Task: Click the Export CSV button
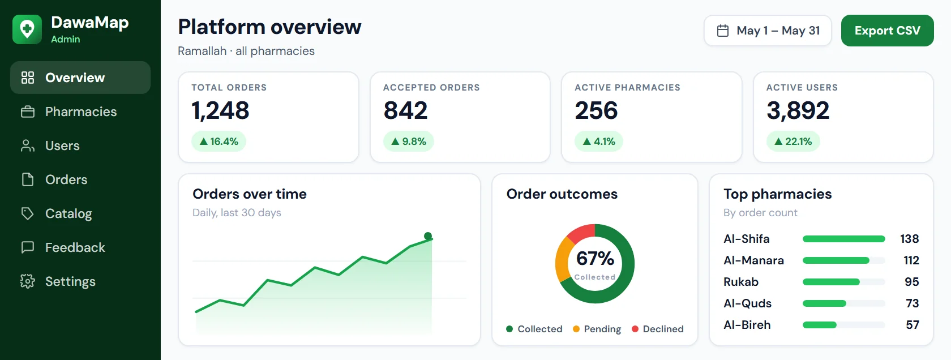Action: pyautogui.click(x=888, y=31)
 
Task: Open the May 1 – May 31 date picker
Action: pyautogui.click(x=768, y=31)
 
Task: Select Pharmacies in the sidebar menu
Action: pyautogui.click(x=80, y=112)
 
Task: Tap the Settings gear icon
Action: pyautogui.click(x=28, y=281)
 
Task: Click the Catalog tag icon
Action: pyautogui.click(x=28, y=213)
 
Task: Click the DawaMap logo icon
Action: pyautogui.click(x=27, y=29)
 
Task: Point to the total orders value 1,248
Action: pyautogui.click(x=220, y=110)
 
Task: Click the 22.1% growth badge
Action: pyautogui.click(x=793, y=142)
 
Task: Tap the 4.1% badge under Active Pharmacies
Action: pyautogui.click(x=599, y=142)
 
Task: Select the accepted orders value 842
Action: pyautogui.click(x=405, y=110)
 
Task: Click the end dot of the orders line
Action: pyautogui.click(x=428, y=236)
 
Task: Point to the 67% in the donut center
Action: pyautogui.click(x=595, y=259)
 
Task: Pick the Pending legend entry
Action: pyautogui.click(x=597, y=329)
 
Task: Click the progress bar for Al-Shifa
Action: pyautogui.click(x=843, y=239)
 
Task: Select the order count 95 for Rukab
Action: pyautogui.click(x=911, y=282)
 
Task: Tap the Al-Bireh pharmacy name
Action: pyautogui.click(x=747, y=325)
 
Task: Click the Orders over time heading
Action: pyautogui.click(x=250, y=194)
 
